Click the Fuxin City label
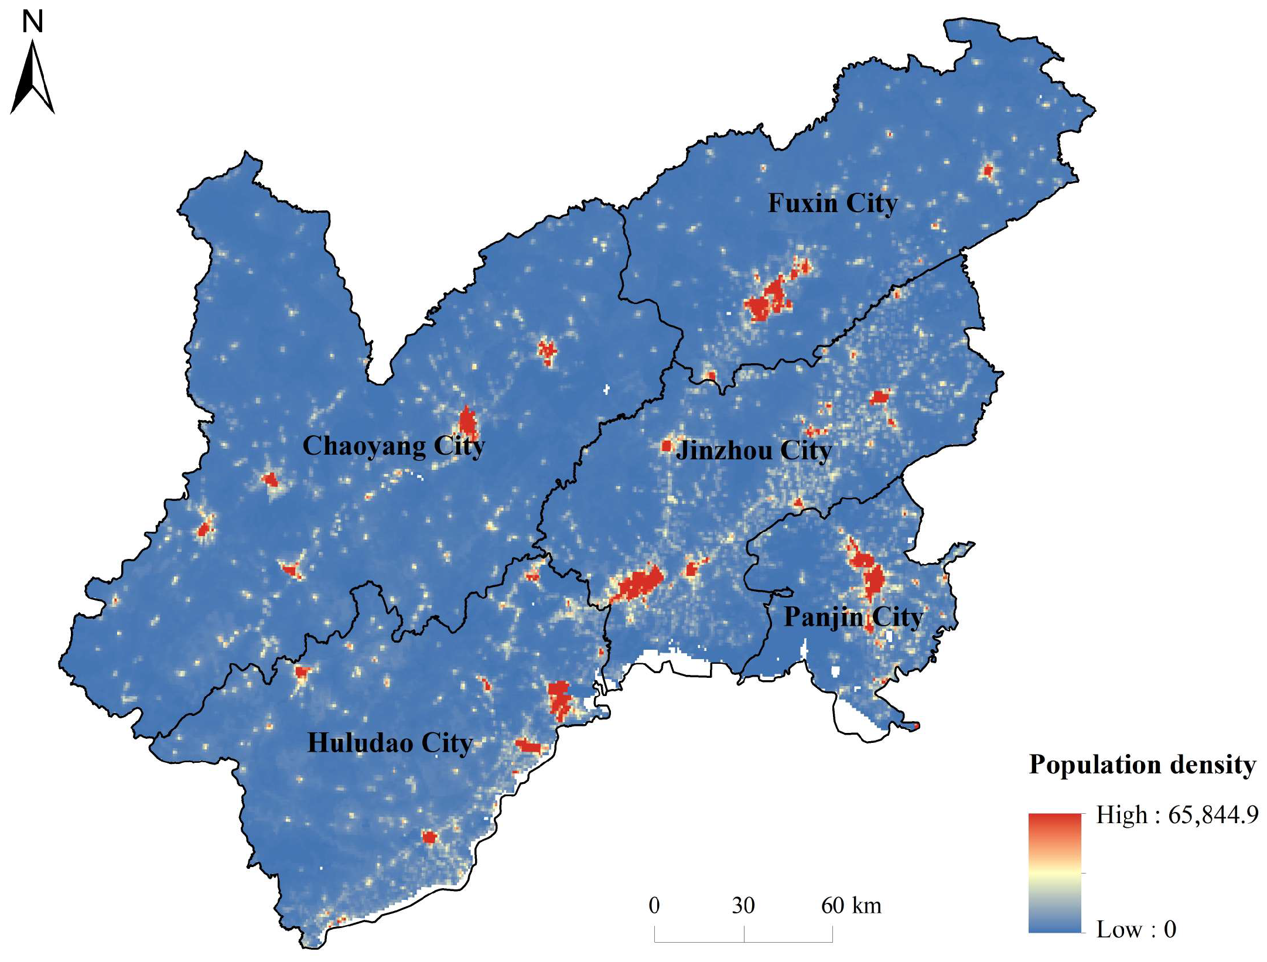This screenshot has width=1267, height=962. pos(832,203)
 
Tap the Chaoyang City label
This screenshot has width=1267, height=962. pos(393,446)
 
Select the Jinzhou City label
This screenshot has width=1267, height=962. pos(753,451)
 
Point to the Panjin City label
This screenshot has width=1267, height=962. pos(853,617)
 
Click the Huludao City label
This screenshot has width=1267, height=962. pos(390,743)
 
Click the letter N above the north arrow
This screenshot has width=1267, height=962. pos(32,22)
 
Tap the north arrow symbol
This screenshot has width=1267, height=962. pos(33,79)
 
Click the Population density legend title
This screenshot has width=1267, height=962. pos(1142,765)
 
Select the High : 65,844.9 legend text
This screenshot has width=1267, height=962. pos(1177,815)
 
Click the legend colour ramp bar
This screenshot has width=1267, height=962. pos(1054,872)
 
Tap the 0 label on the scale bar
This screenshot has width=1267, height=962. pos(654,906)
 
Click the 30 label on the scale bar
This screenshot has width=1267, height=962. pos(743,906)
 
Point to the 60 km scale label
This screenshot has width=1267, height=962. pos(851,906)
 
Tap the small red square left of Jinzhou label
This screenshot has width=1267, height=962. pos(666,446)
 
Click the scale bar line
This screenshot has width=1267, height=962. pos(743,941)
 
